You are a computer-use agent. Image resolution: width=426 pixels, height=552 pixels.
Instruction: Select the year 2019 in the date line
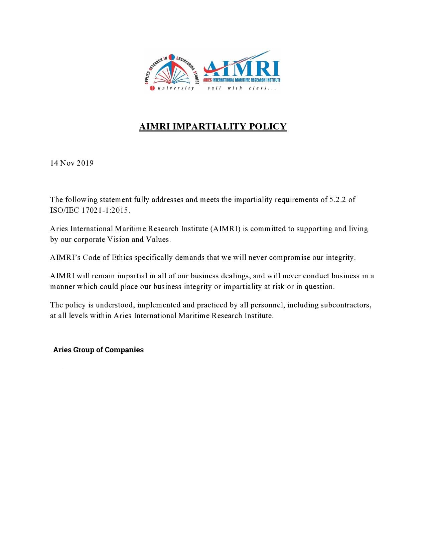(85, 163)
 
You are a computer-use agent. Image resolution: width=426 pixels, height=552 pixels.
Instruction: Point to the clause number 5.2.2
(338, 200)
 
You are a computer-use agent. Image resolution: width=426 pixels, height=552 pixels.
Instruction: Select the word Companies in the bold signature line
(124, 350)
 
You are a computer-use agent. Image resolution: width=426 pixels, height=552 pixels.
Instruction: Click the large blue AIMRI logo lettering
(243, 68)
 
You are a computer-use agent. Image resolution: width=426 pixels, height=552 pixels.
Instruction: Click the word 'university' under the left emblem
(176, 88)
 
